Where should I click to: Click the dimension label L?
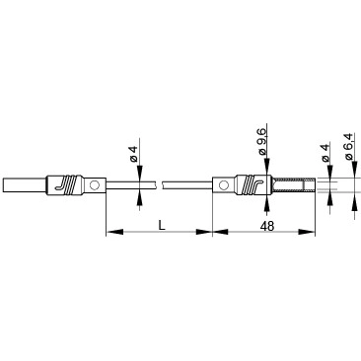coord(161,226)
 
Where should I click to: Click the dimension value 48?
coord(267,226)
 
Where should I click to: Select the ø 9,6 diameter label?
coord(262,142)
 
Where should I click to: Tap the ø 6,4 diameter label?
coord(349,146)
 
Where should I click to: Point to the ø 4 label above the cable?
coord(133,154)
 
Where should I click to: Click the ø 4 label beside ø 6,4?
coord(325,153)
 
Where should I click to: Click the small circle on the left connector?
coord(95,185)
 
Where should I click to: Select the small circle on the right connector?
coord(224,185)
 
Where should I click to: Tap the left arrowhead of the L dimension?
coord(114,232)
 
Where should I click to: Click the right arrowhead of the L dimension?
coord(204,232)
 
